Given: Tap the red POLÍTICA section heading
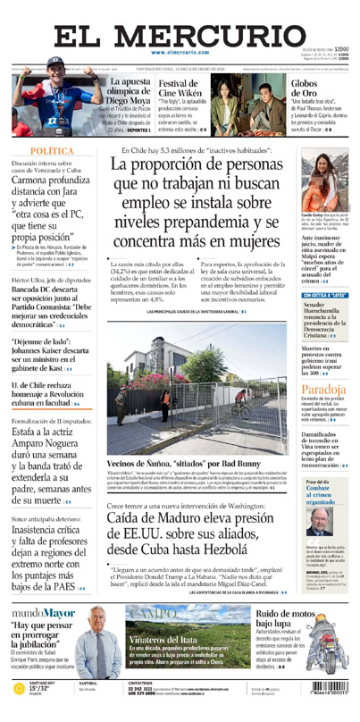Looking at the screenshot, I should tap(52, 152).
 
